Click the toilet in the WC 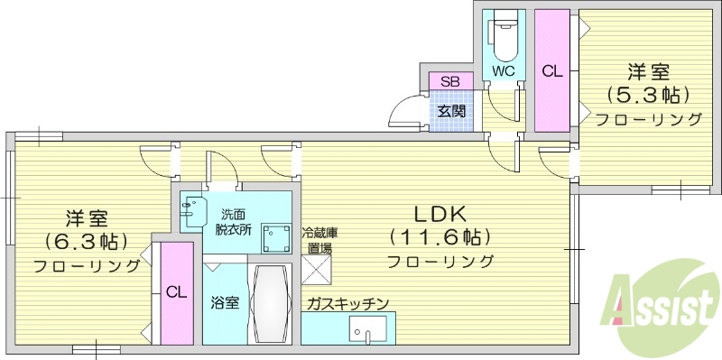tap(502, 36)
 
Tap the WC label tap(502, 69)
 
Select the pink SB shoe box tap(449, 82)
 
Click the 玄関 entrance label tap(451, 112)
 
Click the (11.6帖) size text tap(440, 238)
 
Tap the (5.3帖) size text tap(647, 95)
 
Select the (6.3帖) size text tap(86, 242)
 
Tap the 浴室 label tap(225, 302)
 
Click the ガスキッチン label tap(347, 304)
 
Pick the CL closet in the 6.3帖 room tap(177, 292)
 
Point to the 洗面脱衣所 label tap(233, 221)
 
